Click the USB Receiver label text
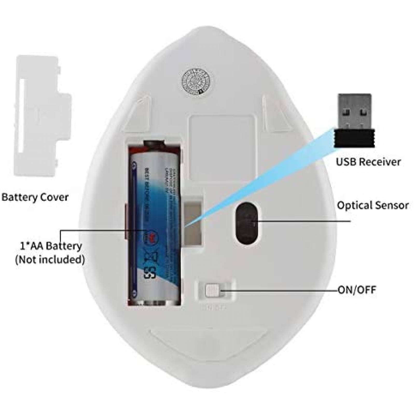[x=368, y=162]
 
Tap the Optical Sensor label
[x=373, y=205]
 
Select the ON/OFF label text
[x=357, y=289]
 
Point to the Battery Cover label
[x=35, y=197]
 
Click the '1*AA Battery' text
[x=51, y=246]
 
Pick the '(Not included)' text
[x=50, y=259]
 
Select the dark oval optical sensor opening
[x=247, y=223]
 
